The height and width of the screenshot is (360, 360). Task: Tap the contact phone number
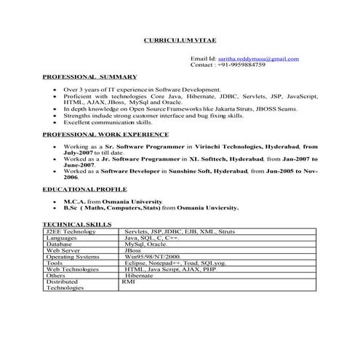[x=241, y=64]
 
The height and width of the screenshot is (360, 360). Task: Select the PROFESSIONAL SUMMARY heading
[x=89, y=76]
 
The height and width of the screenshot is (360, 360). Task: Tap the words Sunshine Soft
[x=203, y=170]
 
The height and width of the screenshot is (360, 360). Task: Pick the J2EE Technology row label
[x=72, y=231]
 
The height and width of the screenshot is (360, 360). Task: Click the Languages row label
[x=63, y=238]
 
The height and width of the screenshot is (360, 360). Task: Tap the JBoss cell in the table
[x=133, y=250]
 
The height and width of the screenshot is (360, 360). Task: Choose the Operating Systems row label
[x=75, y=257]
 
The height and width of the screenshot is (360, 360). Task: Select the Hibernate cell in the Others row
[x=140, y=276]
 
